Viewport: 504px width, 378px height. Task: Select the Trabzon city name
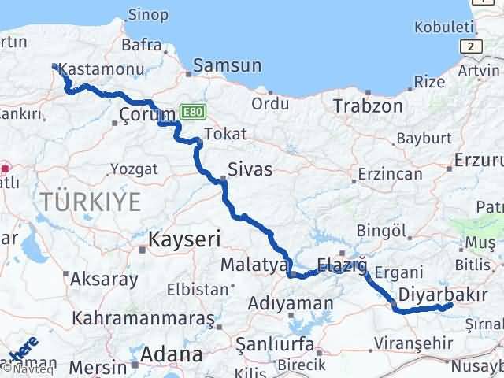pos(368,106)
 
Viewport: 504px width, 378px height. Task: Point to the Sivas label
pos(250,169)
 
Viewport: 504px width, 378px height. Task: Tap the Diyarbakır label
pos(443,295)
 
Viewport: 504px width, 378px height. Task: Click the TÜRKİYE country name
pos(91,202)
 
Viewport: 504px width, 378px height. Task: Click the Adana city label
pos(171,354)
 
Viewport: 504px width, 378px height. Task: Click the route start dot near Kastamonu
pos(54,67)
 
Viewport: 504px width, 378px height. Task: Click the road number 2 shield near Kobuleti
pos(470,46)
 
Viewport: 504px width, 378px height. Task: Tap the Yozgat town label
pos(134,169)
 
